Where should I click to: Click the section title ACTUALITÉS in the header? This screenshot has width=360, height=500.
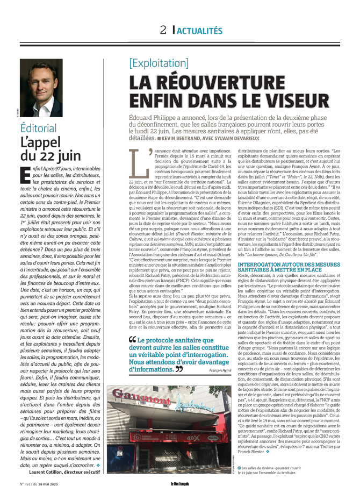pyautogui.click(x=200, y=31)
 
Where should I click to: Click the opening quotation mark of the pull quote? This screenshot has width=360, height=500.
pyautogui.click(x=132, y=340)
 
